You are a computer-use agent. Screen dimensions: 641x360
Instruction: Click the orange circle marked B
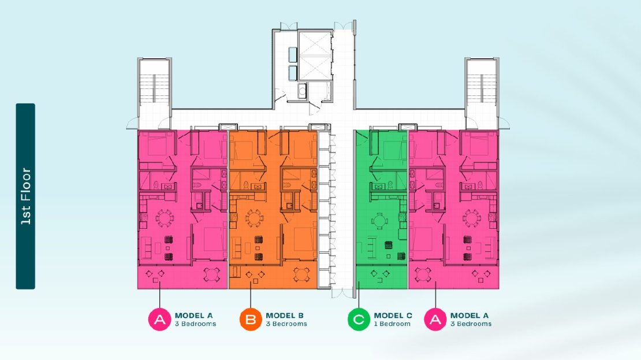pos(250,319)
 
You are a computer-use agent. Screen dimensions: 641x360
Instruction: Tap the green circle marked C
pos(359,319)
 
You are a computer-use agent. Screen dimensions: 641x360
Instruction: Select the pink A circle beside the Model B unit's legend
pos(159,319)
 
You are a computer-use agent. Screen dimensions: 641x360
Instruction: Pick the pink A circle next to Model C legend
pos(435,319)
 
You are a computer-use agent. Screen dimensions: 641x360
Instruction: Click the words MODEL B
pos(285,316)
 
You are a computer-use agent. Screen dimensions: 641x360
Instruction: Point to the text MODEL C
pos(393,316)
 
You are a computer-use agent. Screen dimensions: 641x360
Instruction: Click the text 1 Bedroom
pos(392,324)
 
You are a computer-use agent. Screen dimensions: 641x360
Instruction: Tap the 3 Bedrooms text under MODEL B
pos(286,324)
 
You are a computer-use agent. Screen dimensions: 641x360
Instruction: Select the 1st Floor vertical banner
pos(25,196)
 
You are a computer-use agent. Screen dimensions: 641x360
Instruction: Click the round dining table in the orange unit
pos(254,218)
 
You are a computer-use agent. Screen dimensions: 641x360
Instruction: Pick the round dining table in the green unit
pos(380,221)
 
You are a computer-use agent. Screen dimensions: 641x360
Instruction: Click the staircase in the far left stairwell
pos(154,88)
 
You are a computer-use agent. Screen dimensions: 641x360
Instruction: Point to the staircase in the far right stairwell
pos(482,88)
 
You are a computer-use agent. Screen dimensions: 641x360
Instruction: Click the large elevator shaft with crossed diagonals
pos(315,55)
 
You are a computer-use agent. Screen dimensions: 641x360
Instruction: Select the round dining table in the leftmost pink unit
pos(165,218)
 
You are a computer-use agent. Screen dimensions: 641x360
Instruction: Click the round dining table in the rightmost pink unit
pos(471,218)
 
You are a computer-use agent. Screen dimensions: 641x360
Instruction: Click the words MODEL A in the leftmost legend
pos(194,316)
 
